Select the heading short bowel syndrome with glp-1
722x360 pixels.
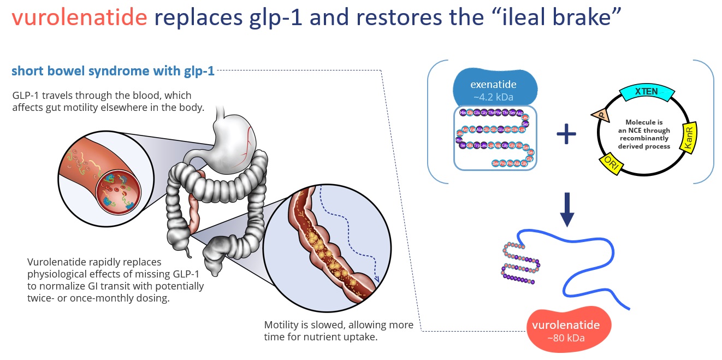[113, 71]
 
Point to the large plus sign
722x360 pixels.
[566, 133]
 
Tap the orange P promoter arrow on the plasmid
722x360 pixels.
[600, 115]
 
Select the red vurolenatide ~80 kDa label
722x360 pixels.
[565, 330]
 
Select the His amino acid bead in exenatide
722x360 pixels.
[463, 113]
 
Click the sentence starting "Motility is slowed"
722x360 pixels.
[338, 331]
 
